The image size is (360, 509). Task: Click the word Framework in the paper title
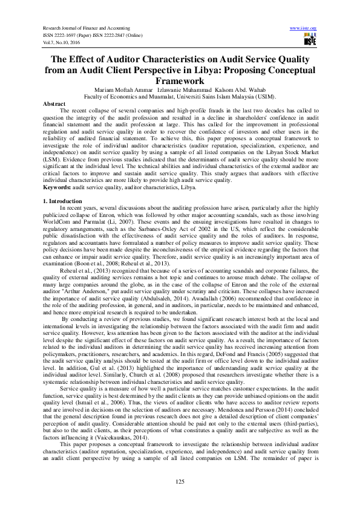[x=180, y=80]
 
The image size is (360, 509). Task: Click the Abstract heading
[x=55, y=104]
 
